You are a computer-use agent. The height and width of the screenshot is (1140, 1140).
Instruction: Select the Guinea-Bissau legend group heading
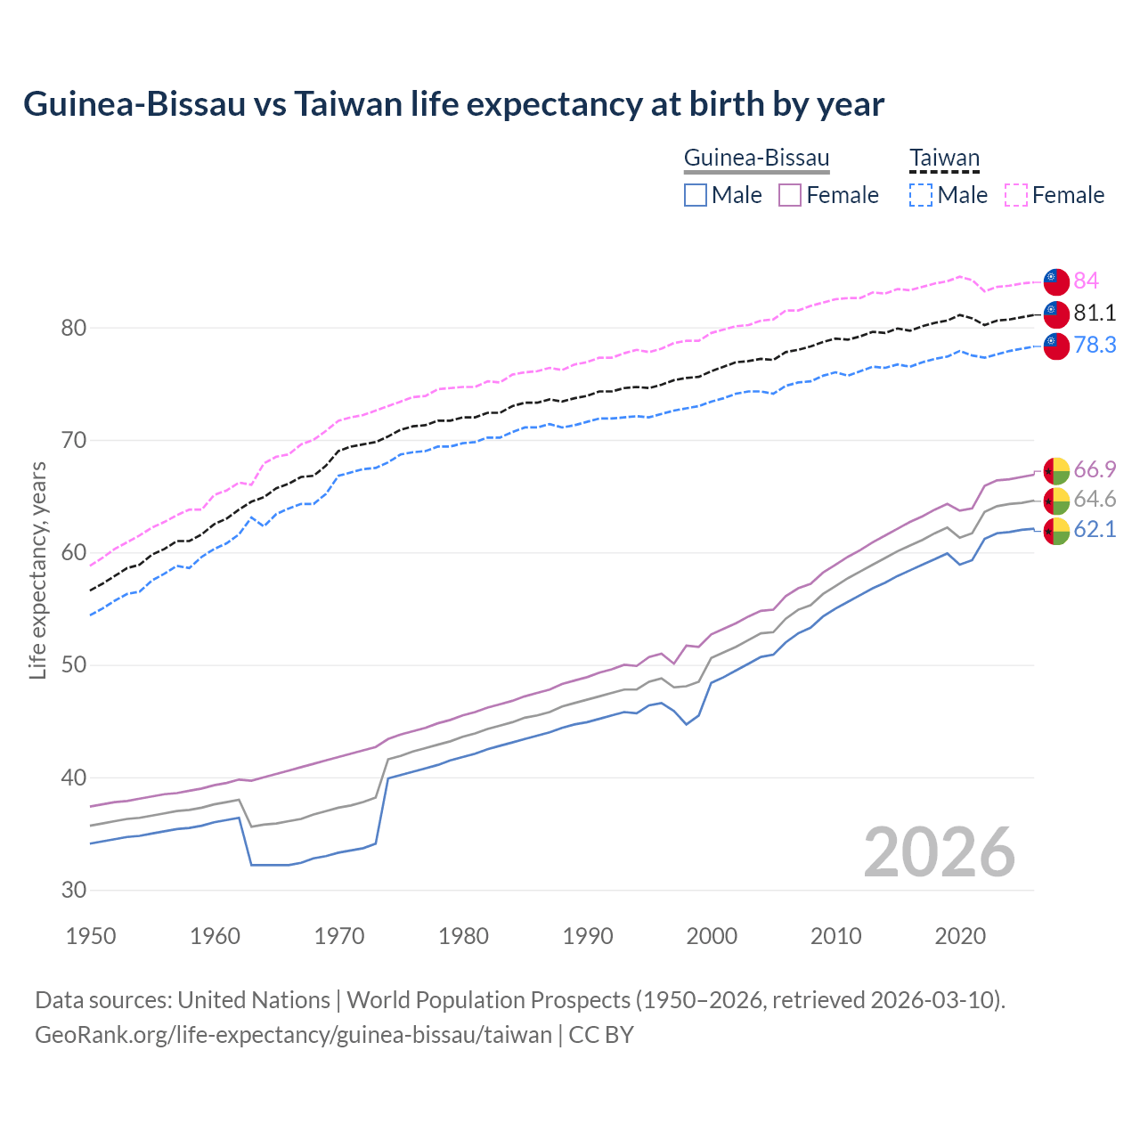[756, 158]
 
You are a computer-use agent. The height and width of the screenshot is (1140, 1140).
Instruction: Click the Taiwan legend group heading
[944, 158]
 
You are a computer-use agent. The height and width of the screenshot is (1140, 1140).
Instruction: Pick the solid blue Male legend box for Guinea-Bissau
[696, 195]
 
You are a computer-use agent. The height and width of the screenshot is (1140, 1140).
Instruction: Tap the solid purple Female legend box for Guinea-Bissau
[790, 195]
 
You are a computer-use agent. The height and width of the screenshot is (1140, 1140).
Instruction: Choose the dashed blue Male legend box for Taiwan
[921, 195]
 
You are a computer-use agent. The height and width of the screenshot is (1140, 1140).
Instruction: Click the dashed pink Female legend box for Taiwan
[1016, 195]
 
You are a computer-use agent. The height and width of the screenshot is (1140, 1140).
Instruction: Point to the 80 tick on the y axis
[73, 328]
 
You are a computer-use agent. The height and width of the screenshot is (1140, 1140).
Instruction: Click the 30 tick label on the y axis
[73, 890]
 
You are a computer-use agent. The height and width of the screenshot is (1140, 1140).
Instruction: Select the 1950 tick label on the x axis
[91, 936]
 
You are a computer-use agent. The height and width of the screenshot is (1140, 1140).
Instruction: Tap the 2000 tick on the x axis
[712, 936]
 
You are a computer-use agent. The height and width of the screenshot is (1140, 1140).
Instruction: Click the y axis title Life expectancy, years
[37, 570]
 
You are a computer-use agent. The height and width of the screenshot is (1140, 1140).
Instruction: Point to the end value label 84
[1086, 281]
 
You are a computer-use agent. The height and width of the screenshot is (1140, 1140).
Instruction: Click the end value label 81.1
[1095, 313]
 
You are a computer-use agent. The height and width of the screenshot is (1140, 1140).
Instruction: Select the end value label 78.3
[1095, 345]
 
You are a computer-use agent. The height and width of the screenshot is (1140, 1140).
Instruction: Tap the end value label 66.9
[1095, 469]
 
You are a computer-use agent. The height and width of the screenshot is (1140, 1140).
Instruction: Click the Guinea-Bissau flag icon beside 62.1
[1056, 530]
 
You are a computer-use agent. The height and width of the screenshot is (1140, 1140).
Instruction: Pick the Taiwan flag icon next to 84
[1056, 281]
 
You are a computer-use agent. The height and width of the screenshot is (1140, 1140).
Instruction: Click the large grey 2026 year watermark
[939, 852]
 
